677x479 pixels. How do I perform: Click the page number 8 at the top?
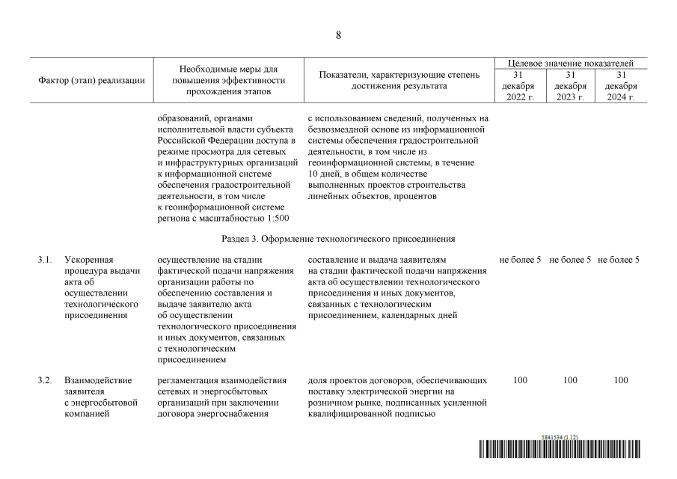tap(338, 35)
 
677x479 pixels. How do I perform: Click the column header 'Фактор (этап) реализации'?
tap(91, 80)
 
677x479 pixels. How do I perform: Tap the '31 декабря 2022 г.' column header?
tap(520, 86)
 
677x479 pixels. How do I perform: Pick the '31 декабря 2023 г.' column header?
tap(571, 86)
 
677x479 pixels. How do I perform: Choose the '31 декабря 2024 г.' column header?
tap(621, 86)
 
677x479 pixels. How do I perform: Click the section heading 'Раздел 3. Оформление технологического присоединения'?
tap(338, 238)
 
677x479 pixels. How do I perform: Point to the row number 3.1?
tap(44, 260)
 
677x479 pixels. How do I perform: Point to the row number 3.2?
tap(44, 380)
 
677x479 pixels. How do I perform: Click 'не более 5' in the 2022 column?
tap(520, 260)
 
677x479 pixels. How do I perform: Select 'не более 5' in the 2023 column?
tap(571, 260)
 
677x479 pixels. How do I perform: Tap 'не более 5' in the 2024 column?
tap(621, 260)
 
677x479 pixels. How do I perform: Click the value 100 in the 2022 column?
tap(520, 380)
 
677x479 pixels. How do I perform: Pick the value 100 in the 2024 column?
tap(621, 380)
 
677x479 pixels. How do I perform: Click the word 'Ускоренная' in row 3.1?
tap(88, 260)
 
